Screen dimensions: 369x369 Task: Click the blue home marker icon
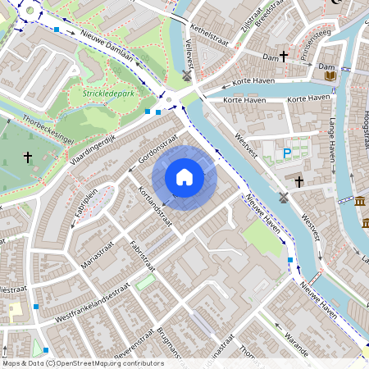(x=184, y=177)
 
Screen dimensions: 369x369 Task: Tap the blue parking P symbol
(x=287, y=153)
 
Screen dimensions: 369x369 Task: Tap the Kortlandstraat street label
(x=156, y=205)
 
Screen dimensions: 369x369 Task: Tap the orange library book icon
(x=330, y=75)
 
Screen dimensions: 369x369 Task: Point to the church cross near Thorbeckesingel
(x=27, y=156)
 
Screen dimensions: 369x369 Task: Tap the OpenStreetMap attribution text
(x=83, y=362)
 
